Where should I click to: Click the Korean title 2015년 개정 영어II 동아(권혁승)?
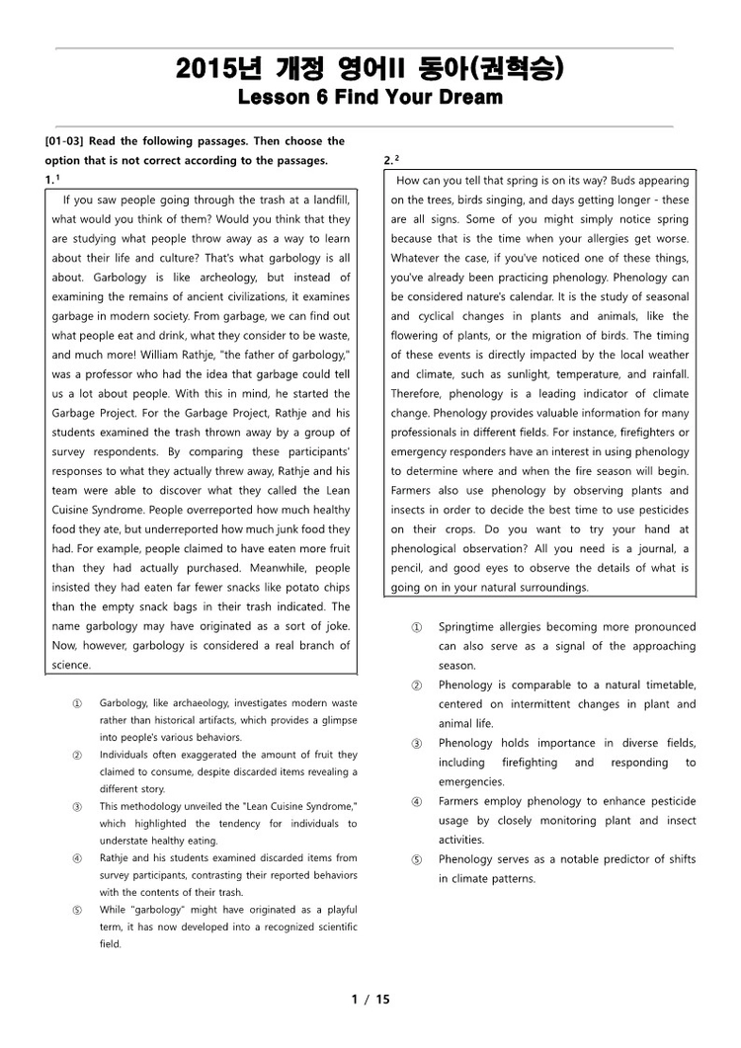pos(370,69)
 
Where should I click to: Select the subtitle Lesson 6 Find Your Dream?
pos(370,98)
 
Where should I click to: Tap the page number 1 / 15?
pos(370,999)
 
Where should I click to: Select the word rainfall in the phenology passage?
pos(666,374)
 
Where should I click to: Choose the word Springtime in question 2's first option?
pos(469,627)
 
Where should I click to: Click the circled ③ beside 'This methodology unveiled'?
pos(77,807)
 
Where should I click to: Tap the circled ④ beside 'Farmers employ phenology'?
pos(416,802)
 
